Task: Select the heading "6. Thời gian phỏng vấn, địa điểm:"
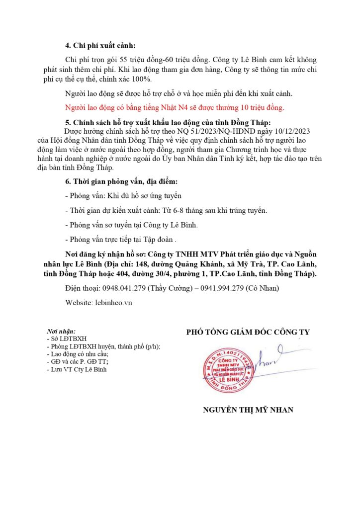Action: [121, 182]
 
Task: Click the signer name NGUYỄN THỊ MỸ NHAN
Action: [248, 410]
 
